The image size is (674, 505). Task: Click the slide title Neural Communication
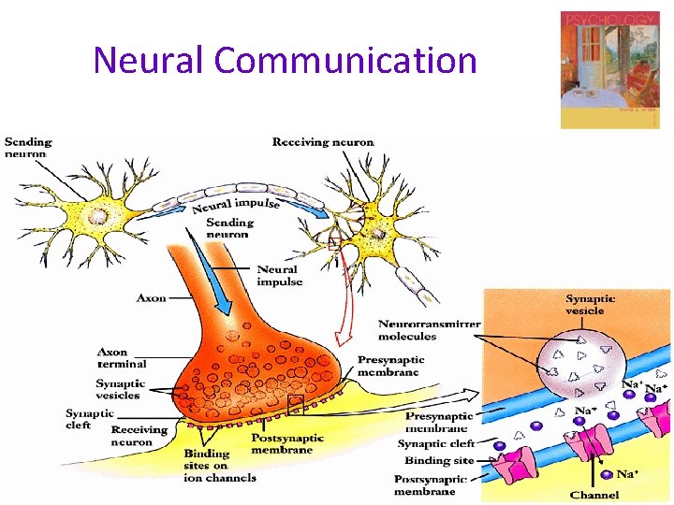[285, 61]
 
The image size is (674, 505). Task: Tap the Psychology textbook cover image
[609, 69]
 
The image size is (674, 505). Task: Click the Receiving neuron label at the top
[323, 142]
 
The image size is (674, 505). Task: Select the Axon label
[152, 298]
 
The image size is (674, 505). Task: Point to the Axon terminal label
[122, 358]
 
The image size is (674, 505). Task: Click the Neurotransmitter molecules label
[429, 330]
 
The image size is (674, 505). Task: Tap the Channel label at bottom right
[594, 495]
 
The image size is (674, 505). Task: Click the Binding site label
[439, 461]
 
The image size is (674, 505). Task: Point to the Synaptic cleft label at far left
[90, 418]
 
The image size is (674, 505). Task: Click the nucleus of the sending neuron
[97, 216]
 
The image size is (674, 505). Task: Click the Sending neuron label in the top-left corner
[28, 148]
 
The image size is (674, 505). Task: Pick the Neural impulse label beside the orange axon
[280, 275]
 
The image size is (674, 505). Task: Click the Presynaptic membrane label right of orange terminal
[390, 366]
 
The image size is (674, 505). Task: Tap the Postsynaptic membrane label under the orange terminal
[287, 443]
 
